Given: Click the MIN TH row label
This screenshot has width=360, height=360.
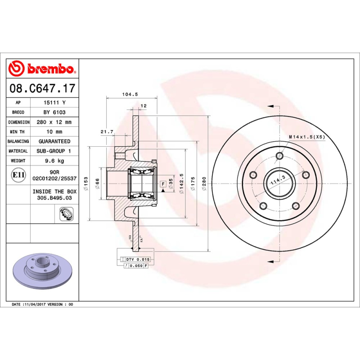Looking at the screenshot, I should [x=18, y=132].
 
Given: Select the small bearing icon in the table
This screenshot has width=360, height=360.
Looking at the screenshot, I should [x=65, y=214].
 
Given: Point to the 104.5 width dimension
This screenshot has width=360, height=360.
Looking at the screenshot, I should [x=130, y=94].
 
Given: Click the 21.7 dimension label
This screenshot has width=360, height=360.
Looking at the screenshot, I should [x=106, y=131].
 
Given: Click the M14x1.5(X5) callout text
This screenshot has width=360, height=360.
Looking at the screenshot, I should [x=306, y=136].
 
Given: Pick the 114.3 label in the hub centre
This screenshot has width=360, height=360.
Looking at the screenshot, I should [x=278, y=180].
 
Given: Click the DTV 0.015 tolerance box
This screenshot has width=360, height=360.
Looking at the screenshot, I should [x=137, y=260].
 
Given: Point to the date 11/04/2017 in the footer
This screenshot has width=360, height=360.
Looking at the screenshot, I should [x=35, y=305].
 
